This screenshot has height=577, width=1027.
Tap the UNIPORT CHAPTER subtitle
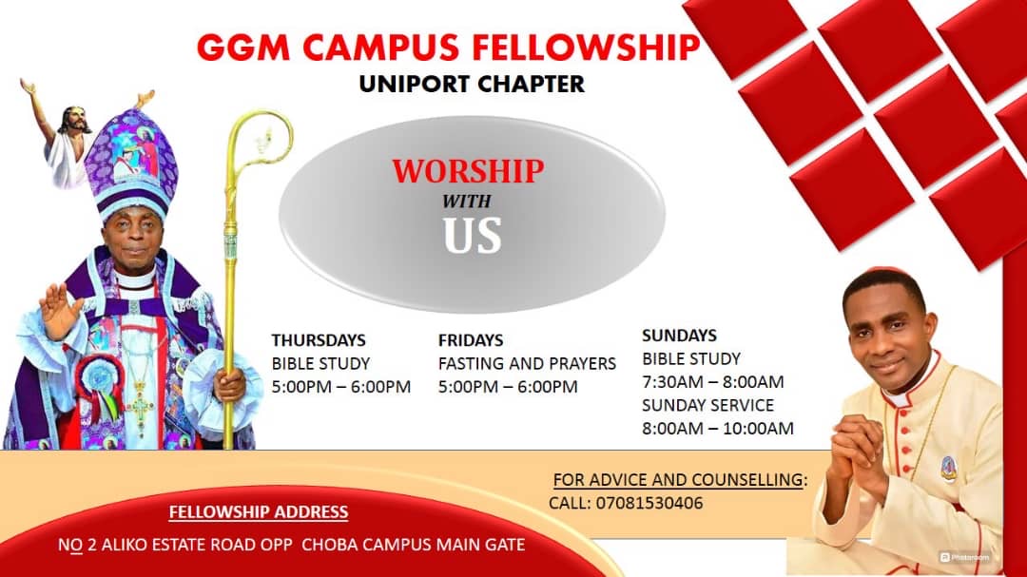[x=472, y=85]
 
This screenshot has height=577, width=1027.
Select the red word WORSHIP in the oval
[x=468, y=171]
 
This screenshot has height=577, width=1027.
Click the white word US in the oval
[x=472, y=235]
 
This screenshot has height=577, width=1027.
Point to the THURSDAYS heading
[x=319, y=340]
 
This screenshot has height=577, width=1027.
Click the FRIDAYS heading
[x=471, y=340]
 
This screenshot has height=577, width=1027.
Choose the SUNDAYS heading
[x=679, y=336]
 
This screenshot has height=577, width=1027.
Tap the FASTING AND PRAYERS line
[x=527, y=363]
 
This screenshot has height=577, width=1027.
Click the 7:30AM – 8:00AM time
[x=712, y=382]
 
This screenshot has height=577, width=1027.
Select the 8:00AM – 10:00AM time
[x=718, y=429]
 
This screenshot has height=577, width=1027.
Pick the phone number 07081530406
[x=649, y=503]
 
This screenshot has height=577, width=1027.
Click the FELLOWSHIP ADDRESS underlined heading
[x=259, y=512]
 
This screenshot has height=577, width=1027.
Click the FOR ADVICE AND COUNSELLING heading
[x=678, y=479]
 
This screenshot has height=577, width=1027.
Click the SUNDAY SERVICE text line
[x=707, y=405]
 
